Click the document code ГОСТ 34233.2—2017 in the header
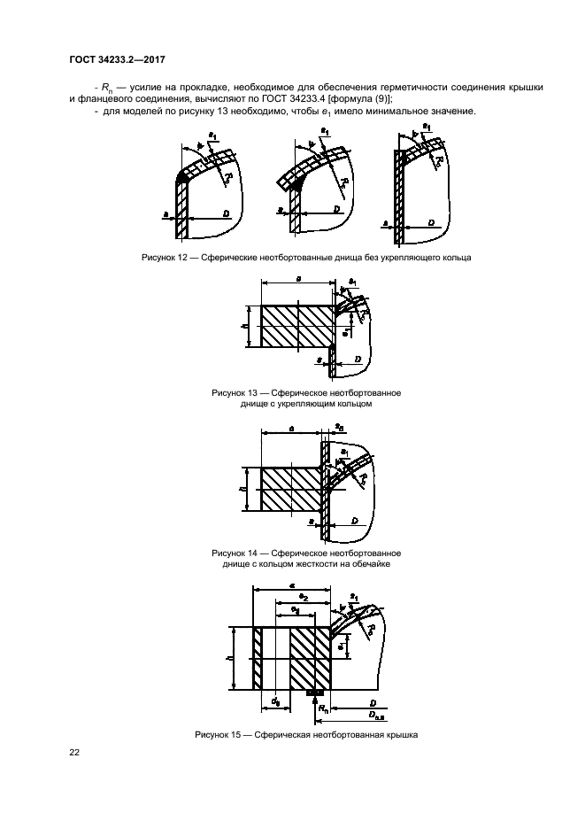point(117,60)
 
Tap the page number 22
point(74,753)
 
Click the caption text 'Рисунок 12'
point(165,259)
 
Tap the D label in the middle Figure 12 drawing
point(337,209)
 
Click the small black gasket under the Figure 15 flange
point(316,695)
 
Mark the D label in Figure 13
point(358,360)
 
